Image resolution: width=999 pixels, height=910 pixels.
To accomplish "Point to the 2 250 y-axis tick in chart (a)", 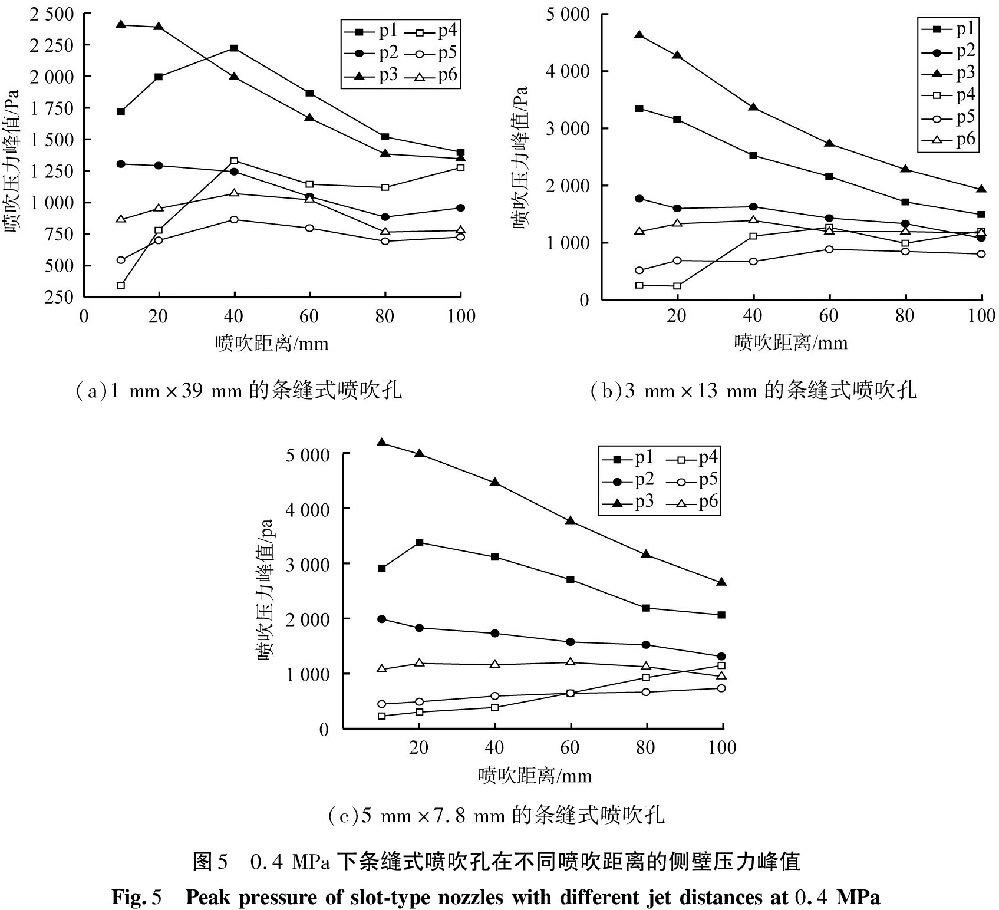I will point(52,45).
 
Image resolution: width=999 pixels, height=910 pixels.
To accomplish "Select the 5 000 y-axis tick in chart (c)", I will point(308,454).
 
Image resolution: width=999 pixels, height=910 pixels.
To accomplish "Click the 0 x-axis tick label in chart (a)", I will point(84,316).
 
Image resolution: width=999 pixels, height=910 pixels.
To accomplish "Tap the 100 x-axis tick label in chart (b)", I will point(981,316).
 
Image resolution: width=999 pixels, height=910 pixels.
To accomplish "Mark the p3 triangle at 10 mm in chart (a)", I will point(121,24).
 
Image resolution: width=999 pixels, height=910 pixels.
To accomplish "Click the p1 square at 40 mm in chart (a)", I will point(234,48).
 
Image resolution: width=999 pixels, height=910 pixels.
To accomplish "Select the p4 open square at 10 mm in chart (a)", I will point(121,285).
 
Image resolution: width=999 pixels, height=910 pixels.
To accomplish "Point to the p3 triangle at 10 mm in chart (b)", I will point(639,35).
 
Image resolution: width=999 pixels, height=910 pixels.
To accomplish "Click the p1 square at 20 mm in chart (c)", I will point(419,542).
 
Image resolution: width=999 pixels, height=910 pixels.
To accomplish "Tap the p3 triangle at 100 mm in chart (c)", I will point(721,582).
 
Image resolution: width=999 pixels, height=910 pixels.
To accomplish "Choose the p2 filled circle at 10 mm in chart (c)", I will point(382,619).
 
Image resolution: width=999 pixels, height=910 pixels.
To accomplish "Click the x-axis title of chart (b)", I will point(790,343).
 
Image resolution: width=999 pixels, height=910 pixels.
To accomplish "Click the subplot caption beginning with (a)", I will point(239,390).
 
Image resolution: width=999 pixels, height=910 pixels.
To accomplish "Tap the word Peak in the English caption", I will point(209,897).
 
